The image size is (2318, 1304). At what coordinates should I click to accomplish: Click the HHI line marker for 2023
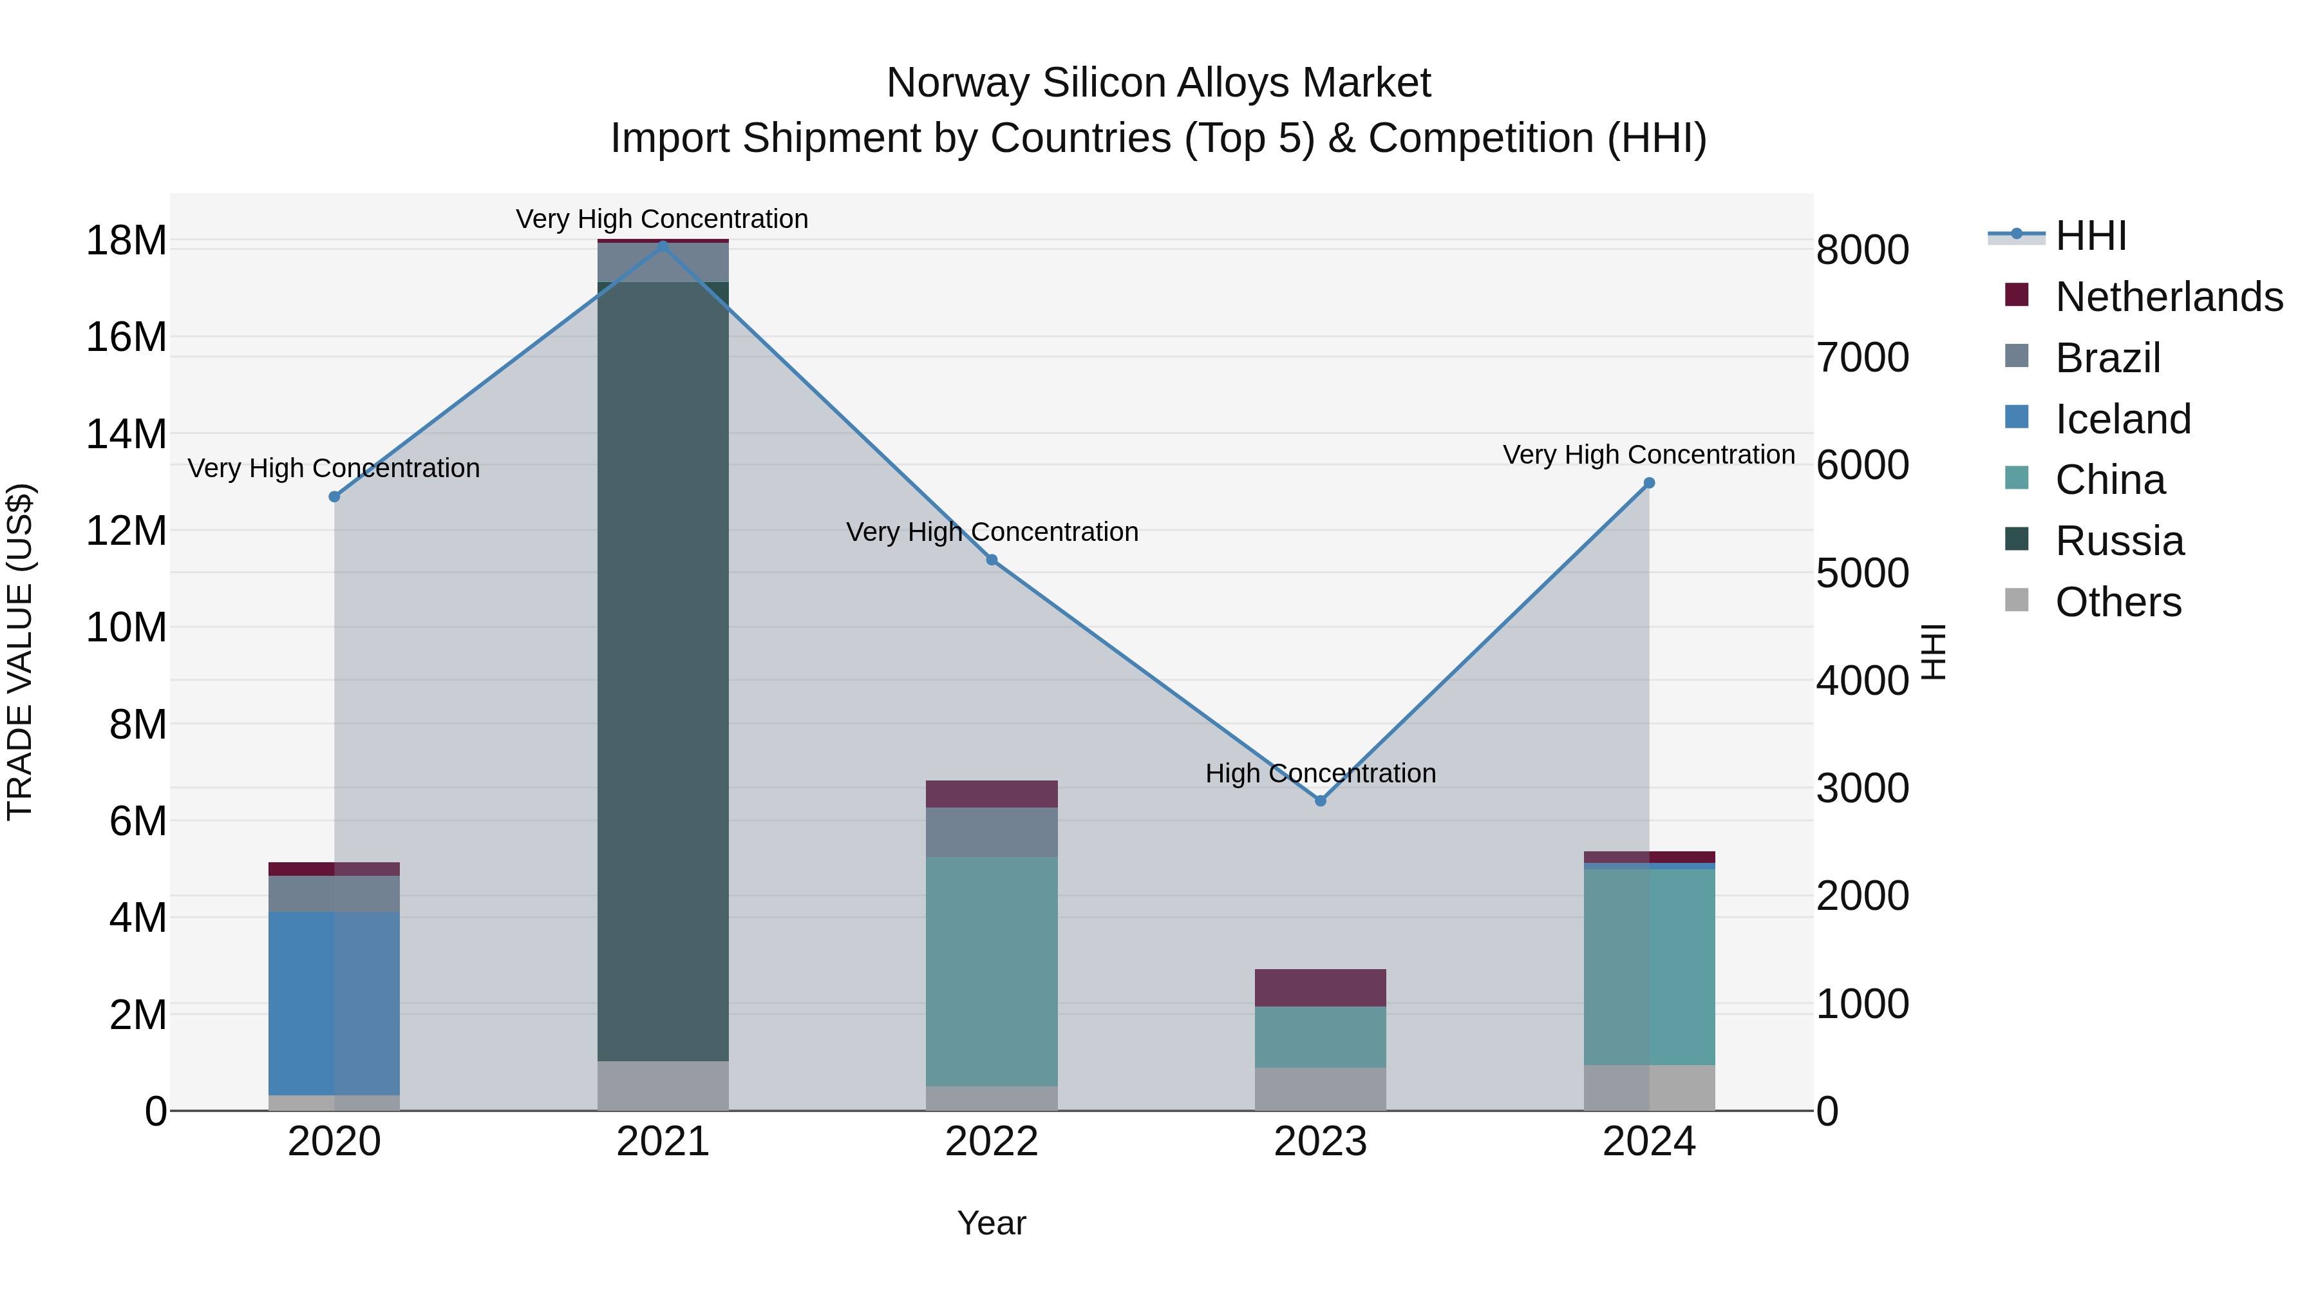(1320, 800)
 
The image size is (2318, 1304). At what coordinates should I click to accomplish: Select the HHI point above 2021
(663, 245)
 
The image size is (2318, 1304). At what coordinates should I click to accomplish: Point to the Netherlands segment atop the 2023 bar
(1320, 987)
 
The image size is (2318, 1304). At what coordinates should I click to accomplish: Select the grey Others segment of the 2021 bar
(663, 1084)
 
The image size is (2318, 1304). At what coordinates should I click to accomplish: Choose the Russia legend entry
(2118, 541)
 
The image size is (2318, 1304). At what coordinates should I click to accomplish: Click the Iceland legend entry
(2122, 419)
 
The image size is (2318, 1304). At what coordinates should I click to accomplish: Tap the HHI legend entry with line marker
(2089, 236)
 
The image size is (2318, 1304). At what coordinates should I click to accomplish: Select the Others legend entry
(2117, 602)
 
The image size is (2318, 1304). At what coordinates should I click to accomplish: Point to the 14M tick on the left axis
(126, 434)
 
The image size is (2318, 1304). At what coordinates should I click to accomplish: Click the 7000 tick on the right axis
(1861, 357)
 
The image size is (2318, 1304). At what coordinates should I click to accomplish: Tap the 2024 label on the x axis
(1648, 1142)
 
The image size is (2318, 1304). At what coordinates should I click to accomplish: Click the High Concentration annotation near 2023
(1320, 773)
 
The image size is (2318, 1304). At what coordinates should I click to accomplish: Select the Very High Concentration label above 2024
(1648, 455)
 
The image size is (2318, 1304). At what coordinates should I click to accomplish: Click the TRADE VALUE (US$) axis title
(20, 652)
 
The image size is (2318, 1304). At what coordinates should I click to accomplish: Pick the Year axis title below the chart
(992, 1223)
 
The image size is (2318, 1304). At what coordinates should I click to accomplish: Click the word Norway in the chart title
(957, 83)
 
